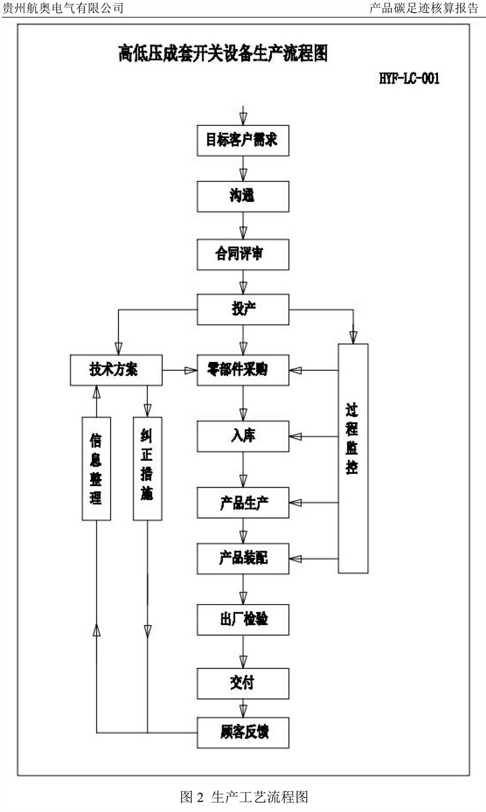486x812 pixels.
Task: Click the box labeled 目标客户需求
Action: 242,140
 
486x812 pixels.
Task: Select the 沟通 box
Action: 242,196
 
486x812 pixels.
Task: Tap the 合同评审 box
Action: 242,254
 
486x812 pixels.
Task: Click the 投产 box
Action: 242,309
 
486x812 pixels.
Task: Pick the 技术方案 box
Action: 116,370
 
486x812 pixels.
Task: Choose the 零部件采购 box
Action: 242,370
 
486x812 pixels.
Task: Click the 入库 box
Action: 242,436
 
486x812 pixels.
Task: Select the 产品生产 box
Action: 242,502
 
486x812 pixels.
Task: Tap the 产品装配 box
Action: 242,558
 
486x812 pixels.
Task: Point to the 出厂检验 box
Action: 242,619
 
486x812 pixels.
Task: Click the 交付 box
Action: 242,683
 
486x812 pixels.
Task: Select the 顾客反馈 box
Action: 242,733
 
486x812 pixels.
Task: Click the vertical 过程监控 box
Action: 353,458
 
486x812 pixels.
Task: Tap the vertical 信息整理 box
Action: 96,468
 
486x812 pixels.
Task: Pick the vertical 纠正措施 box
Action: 147,468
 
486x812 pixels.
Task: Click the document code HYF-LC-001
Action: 409,79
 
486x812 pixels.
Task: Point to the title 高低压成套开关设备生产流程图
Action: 223,54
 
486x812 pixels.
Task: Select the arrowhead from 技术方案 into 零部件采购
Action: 190,370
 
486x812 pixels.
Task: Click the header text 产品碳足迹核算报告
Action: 423,8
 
